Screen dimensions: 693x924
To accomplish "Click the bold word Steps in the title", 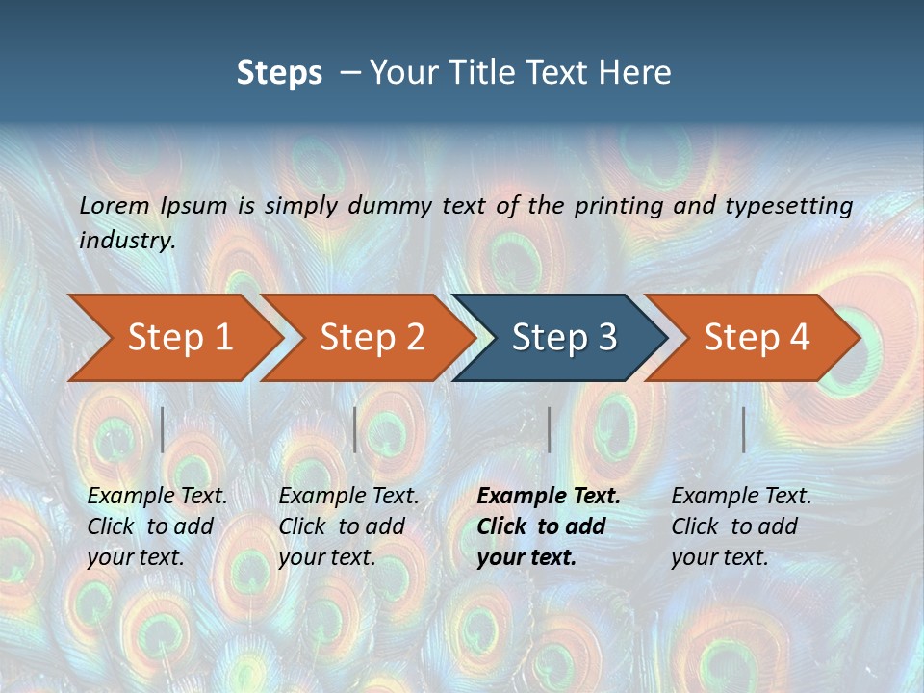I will [x=279, y=72].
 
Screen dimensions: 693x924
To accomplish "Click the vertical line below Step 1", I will [x=163, y=429].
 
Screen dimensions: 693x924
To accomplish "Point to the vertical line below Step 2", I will [x=355, y=429].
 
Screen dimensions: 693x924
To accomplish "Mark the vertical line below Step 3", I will [x=549, y=429].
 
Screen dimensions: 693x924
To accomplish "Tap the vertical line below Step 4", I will [x=743, y=429].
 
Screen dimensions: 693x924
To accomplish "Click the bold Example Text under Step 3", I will [x=549, y=497].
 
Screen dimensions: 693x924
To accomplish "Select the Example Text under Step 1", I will [x=157, y=497].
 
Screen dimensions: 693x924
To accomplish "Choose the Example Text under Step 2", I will [x=348, y=497].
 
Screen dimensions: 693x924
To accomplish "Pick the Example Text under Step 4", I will [x=741, y=497].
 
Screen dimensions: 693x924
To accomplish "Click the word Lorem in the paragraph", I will [x=115, y=205].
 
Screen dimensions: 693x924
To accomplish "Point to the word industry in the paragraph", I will [x=125, y=241].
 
